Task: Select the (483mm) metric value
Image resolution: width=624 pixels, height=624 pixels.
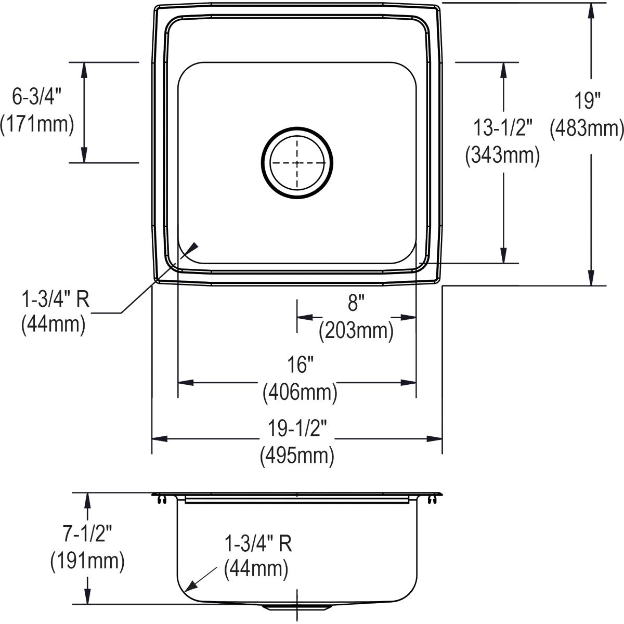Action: (587, 128)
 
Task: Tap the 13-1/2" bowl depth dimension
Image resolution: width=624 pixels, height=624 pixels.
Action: (502, 128)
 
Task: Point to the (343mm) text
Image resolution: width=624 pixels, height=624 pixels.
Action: (502, 154)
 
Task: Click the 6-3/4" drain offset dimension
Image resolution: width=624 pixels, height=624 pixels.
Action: (37, 97)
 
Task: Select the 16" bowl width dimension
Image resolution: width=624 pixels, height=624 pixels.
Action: (299, 366)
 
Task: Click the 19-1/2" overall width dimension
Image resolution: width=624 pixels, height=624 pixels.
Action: (297, 429)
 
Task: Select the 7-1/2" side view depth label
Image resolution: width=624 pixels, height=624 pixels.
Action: (86, 534)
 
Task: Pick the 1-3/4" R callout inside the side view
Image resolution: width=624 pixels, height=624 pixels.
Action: (257, 544)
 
